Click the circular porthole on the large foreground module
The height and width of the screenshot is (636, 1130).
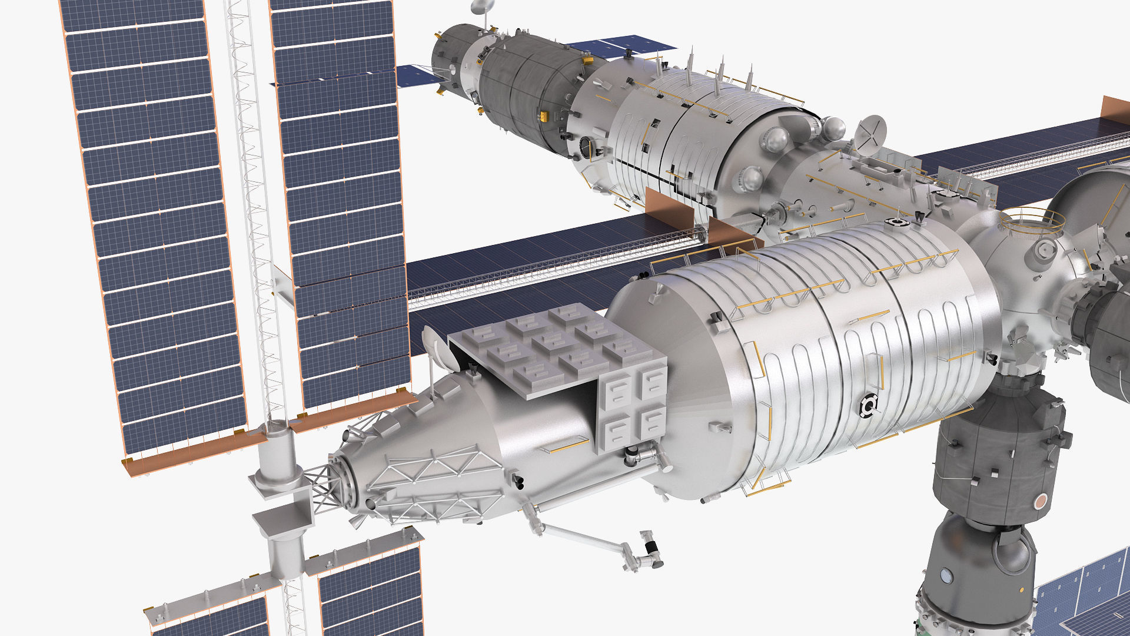pyautogui.click(x=867, y=406)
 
